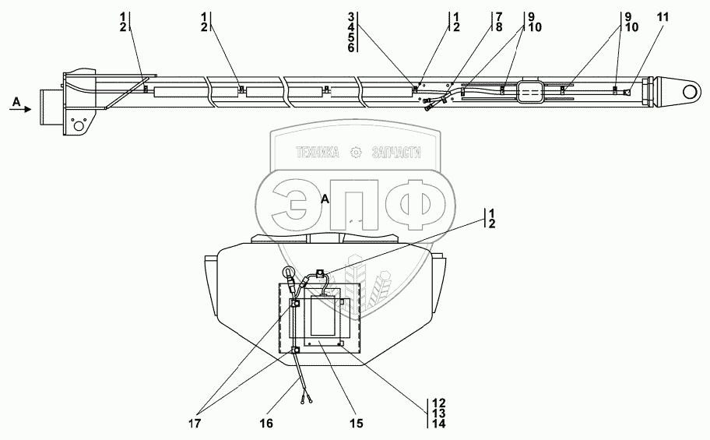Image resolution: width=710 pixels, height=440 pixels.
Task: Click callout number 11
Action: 663,17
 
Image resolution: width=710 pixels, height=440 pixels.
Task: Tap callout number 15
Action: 357,423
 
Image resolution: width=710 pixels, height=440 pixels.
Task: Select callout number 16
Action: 266,423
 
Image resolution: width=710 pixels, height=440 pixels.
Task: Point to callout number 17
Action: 195,423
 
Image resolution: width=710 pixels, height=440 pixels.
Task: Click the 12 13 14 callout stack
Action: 438,414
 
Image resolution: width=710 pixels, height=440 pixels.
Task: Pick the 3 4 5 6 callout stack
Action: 351,32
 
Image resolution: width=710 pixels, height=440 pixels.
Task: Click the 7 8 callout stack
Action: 498,22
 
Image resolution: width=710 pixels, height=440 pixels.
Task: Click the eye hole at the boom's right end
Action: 690,93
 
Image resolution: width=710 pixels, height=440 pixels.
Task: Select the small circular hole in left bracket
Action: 79,125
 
